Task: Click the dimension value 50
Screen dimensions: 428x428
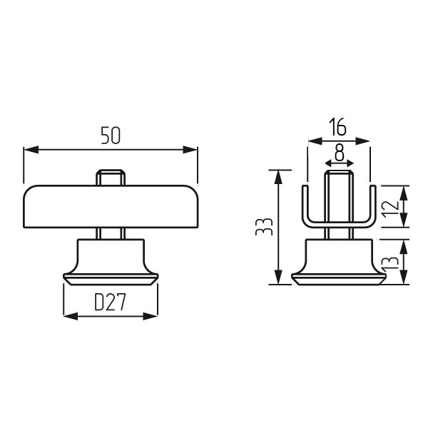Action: (111, 136)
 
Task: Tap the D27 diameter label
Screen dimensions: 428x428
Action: (110, 302)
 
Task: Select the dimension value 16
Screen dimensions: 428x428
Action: (337, 127)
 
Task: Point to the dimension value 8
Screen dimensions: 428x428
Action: (340, 153)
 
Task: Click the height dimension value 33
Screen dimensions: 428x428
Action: (264, 227)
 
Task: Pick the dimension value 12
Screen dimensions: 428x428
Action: (390, 209)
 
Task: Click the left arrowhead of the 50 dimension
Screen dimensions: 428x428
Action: (31, 150)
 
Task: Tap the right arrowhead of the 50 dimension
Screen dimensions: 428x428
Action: (190, 150)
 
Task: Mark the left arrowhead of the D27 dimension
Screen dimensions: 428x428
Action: (71, 316)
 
